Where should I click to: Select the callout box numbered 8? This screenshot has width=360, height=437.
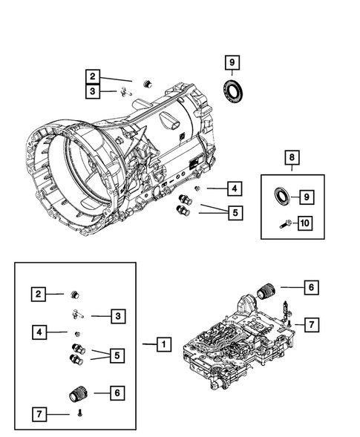coord(292,157)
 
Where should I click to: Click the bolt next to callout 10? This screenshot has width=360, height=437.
coord(286,223)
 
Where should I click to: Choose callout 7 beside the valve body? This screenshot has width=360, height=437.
coord(310,324)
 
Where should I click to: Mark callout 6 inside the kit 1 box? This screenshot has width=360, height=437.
coord(117,391)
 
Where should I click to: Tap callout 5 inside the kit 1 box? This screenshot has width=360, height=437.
coord(117,355)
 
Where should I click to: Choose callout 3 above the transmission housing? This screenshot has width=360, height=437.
coord(93,91)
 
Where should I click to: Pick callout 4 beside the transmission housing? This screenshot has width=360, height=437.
coord(233,188)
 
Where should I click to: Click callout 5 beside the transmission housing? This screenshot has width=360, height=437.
coord(233,213)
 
